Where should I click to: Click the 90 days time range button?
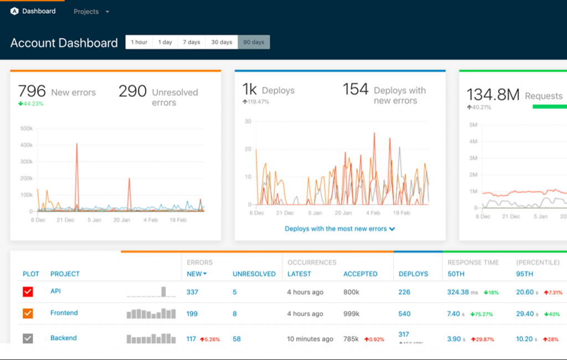click(x=254, y=42)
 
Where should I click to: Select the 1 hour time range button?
click(x=139, y=42)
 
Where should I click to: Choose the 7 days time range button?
click(x=192, y=42)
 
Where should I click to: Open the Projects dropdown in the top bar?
click(x=91, y=12)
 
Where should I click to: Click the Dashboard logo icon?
click(x=14, y=11)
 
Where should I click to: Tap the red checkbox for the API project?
click(x=28, y=292)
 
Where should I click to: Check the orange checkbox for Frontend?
click(x=28, y=313)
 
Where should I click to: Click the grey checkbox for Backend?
click(x=28, y=338)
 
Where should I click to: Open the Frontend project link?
click(x=64, y=313)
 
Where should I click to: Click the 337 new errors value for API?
click(x=192, y=292)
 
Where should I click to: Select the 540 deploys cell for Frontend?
click(x=404, y=313)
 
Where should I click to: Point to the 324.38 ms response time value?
click(x=458, y=292)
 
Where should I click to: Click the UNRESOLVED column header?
click(x=254, y=274)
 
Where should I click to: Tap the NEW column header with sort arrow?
click(x=197, y=274)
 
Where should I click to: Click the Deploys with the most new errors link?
click(x=339, y=228)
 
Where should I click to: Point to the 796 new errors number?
click(x=32, y=91)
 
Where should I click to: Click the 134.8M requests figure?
click(x=493, y=95)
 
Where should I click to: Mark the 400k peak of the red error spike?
click(x=76, y=143)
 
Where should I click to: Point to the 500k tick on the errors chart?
click(x=27, y=128)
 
